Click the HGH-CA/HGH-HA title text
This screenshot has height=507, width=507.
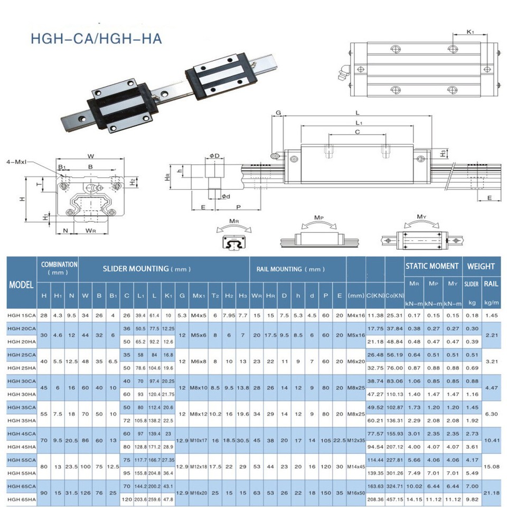pos(96,39)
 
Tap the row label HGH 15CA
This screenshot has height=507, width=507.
pos(21,315)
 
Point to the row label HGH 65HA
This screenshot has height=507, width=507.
pos(21,499)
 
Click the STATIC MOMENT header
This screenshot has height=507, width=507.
pos(432,266)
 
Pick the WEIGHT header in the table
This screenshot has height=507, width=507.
pos(481,266)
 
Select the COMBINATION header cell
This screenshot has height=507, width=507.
pos(60,268)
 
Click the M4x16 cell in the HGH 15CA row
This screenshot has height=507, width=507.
pos(355,315)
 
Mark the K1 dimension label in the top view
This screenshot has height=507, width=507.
pos(470,33)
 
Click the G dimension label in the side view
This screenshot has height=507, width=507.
pos(278,112)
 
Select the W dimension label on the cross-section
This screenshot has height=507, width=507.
pos(90,156)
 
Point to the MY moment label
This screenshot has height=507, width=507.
pos(421,217)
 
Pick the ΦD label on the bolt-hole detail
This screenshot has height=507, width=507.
pos(214,156)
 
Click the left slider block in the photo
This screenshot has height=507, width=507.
pos(123,106)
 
